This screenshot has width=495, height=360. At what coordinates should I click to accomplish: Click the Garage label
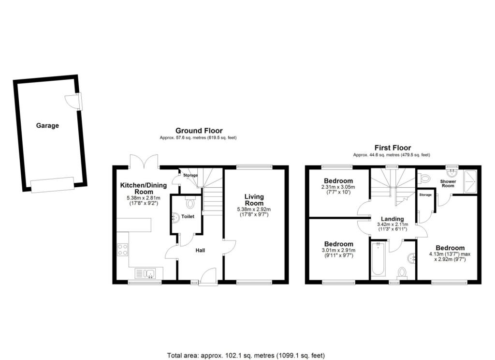47,125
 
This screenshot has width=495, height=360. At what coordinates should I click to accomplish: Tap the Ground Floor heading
199,131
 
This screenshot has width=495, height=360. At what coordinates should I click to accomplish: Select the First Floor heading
393,148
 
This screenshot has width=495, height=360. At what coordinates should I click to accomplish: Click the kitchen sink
146,273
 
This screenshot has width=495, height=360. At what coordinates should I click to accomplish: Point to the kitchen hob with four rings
122,249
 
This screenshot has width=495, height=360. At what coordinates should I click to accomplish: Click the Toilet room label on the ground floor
188,216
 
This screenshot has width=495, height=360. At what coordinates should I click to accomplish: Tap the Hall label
200,250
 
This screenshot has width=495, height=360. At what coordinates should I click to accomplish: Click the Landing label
393,219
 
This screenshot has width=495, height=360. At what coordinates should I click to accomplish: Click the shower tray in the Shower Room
470,181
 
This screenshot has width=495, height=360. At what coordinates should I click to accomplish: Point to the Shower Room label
448,184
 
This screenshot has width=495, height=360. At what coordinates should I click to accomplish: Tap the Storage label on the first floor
425,195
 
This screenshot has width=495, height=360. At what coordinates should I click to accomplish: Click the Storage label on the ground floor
190,175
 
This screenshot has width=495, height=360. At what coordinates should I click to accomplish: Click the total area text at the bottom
246,355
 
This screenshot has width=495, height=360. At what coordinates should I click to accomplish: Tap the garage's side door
73,101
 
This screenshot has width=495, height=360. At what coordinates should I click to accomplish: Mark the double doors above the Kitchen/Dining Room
144,161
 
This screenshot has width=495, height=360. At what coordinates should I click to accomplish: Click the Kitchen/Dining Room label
143,188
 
